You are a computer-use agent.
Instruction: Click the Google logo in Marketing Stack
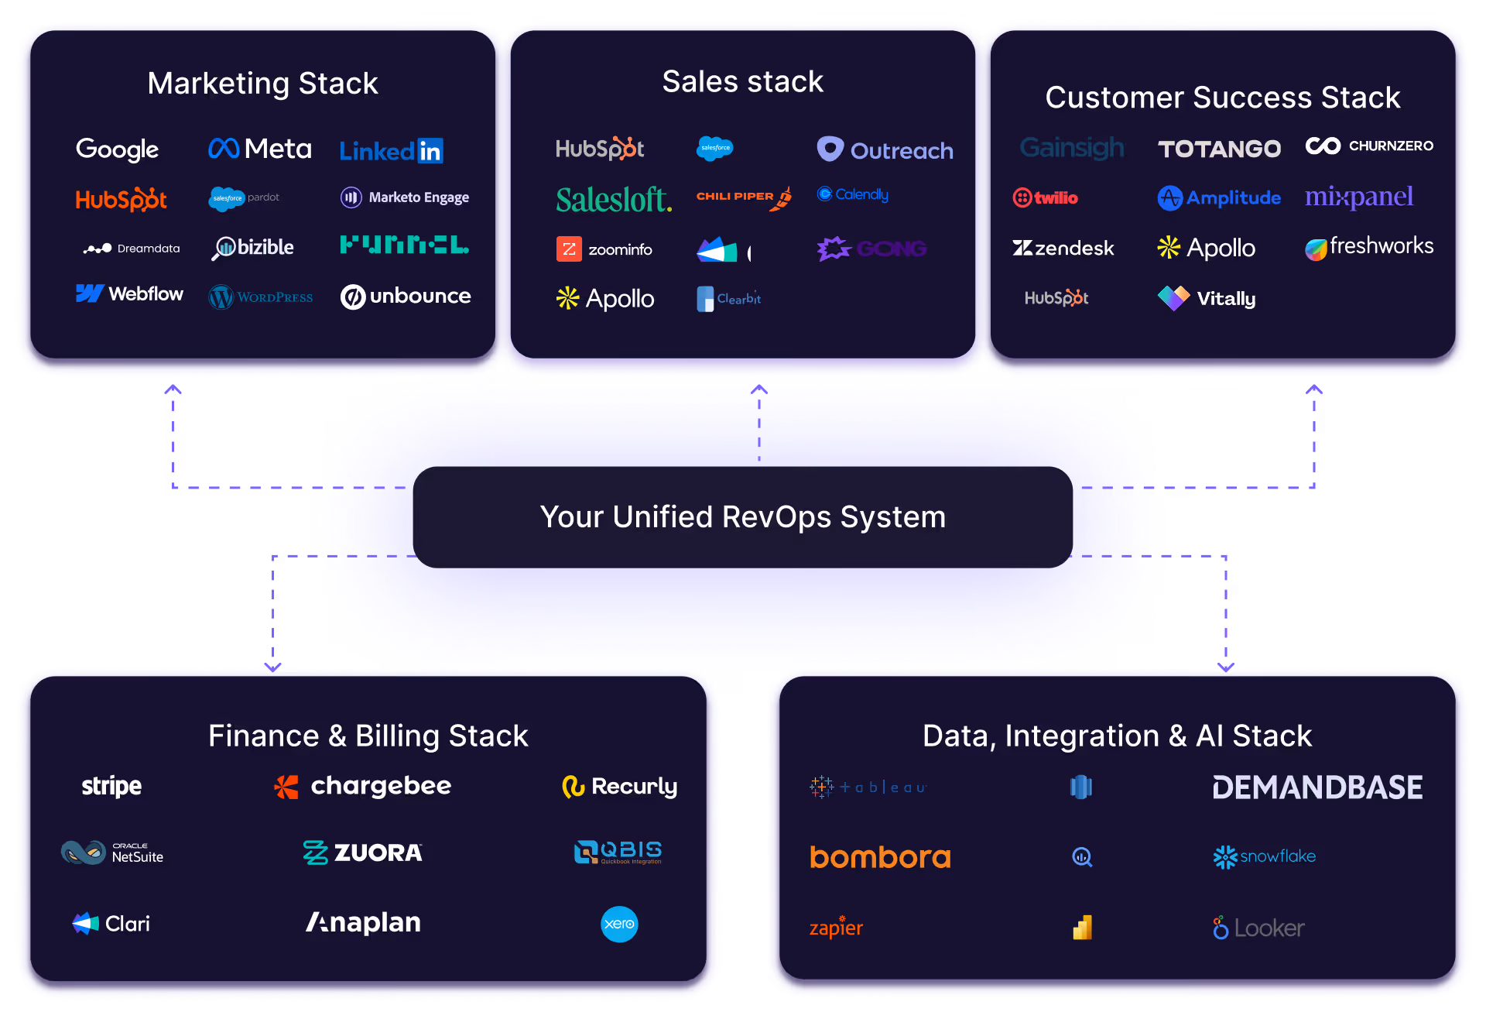click(x=117, y=149)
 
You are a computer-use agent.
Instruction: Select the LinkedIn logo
click(x=391, y=150)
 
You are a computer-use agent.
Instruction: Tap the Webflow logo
click(x=129, y=294)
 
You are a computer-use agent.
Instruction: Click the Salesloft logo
click(x=614, y=200)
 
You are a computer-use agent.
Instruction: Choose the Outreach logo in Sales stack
click(x=885, y=149)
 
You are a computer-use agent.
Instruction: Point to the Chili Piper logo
click(x=743, y=197)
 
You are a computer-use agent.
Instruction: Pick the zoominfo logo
click(x=604, y=249)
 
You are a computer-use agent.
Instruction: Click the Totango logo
click(x=1219, y=149)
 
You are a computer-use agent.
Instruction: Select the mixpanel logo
click(x=1358, y=197)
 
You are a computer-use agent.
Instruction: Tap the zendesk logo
click(x=1063, y=248)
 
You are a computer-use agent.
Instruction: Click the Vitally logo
click(x=1207, y=298)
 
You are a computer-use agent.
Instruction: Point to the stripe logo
click(x=111, y=786)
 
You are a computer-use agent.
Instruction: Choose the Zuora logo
click(x=362, y=852)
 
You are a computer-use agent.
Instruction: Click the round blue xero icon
click(x=619, y=924)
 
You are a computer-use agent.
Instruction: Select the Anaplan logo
click(x=363, y=922)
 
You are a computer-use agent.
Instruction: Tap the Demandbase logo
click(x=1317, y=787)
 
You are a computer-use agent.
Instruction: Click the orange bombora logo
click(x=880, y=857)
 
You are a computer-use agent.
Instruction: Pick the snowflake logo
click(x=1264, y=856)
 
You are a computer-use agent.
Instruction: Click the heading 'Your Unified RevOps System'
click(x=743, y=517)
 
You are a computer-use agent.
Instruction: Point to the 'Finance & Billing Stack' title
click(x=368, y=736)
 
